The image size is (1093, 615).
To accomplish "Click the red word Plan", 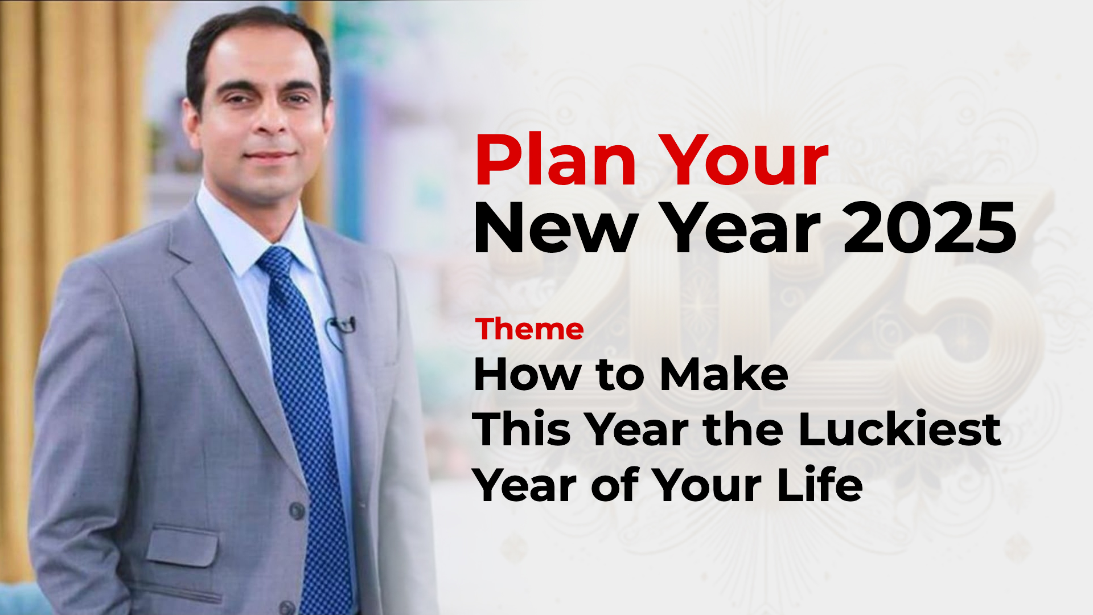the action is [556, 160].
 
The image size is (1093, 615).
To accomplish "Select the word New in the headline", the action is [554, 228].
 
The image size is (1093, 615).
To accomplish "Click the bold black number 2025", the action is [930, 228].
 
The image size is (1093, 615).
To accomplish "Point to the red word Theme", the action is [529, 329].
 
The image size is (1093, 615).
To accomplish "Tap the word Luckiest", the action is [899, 429].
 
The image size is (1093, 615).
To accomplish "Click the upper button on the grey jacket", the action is [297, 510].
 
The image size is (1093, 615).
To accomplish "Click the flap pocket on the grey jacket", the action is [182, 547].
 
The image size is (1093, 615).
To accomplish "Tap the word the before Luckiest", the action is [745, 429].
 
